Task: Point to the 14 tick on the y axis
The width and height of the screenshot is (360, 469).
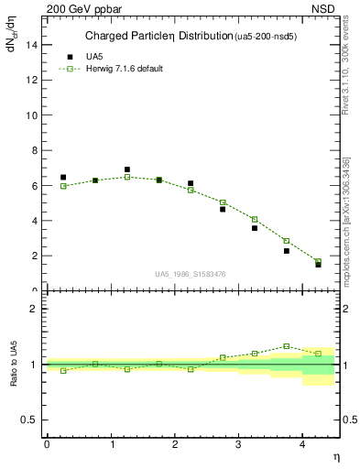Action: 35,46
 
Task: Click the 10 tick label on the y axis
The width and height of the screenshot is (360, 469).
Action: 33,116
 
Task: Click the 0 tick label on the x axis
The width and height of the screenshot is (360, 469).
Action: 47,444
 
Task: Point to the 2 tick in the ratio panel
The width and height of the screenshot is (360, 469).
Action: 35,309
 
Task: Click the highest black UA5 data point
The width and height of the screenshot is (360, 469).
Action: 127,169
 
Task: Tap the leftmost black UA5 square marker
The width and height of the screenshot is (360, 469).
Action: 63,178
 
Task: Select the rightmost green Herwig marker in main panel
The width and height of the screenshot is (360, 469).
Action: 318,262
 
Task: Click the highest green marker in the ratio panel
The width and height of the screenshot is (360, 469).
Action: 287,346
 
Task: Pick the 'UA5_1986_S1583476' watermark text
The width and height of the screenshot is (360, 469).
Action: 190,274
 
